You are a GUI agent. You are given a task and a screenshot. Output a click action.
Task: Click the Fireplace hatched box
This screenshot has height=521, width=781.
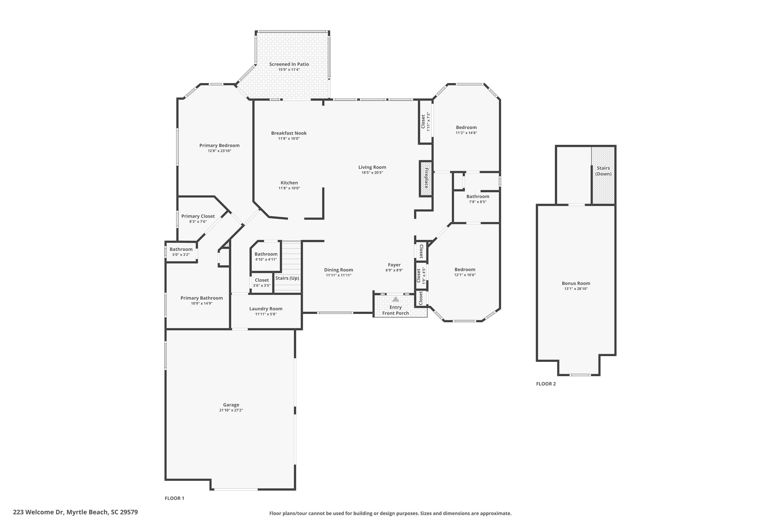tap(426, 178)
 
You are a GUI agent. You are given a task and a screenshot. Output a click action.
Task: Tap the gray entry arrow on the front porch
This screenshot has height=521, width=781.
tap(395, 299)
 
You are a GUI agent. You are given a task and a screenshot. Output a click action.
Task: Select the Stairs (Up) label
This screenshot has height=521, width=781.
tap(287, 278)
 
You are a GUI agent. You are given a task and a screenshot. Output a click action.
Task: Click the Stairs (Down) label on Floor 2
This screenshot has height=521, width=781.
tap(603, 171)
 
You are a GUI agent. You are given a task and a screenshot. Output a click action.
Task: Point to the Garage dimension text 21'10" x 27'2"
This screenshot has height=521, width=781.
tap(231, 410)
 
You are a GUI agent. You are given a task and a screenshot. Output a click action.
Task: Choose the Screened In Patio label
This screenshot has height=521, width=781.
tap(289, 64)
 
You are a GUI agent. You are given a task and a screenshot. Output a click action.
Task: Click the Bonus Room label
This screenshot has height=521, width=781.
tap(576, 283)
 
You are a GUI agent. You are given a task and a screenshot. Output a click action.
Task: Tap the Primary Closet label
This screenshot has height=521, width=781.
tap(198, 216)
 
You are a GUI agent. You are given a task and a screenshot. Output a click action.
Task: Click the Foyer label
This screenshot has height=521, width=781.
tap(394, 265)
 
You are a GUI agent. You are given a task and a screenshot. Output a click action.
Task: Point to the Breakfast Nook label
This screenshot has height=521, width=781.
tap(289, 133)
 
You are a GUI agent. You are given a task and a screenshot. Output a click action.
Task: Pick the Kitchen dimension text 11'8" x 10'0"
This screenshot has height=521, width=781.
tap(289, 188)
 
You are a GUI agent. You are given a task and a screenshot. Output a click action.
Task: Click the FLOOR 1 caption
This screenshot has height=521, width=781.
tap(174, 498)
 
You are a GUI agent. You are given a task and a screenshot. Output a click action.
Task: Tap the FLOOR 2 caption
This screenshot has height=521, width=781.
tap(546, 384)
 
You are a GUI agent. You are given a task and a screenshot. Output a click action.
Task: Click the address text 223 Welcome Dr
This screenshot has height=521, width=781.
tap(38, 512)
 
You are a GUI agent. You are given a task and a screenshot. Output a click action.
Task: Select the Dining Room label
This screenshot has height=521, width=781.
tap(338, 270)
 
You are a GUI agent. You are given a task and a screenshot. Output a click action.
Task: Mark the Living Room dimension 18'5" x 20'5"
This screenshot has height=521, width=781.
tap(372, 172)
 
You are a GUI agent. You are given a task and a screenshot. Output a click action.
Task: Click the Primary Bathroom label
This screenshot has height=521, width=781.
tap(201, 298)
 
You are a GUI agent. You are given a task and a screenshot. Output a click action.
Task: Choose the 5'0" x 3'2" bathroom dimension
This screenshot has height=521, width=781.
tap(181, 255)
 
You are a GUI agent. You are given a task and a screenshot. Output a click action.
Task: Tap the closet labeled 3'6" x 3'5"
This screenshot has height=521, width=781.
tap(262, 282)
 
